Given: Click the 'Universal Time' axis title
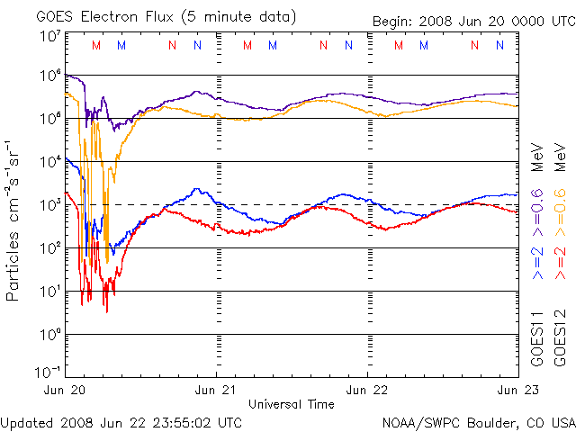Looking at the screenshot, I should (291, 404).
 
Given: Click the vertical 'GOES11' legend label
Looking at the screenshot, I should (536, 338).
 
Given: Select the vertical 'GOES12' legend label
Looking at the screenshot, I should (560, 338).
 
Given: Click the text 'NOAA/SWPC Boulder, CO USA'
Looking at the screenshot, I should (478, 422).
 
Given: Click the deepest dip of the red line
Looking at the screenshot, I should (106, 310).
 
